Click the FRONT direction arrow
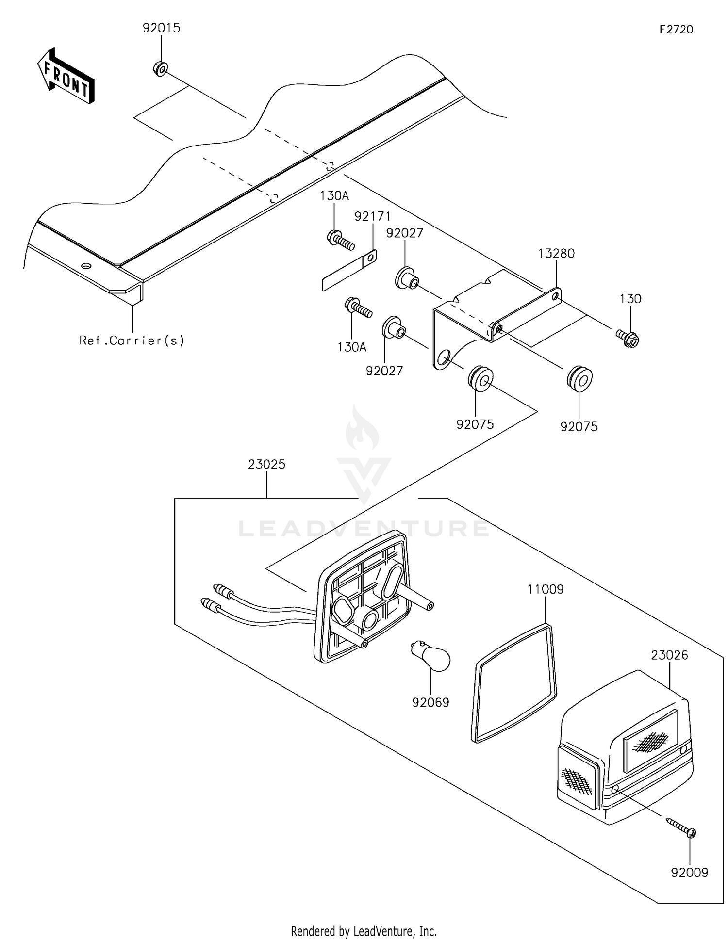coord(66,76)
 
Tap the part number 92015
coord(162,28)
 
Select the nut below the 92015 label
coord(161,69)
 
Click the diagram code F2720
coord(676,30)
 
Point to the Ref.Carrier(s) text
coord(132,340)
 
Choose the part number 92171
coord(372,216)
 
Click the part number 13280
coord(556,253)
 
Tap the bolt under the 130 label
coord(628,339)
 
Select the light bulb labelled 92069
coord(431,657)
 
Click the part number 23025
coord(266,464)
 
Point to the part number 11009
coord(546,589)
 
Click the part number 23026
coord(670,655)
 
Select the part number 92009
coord(690,873)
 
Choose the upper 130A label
coord(334,196)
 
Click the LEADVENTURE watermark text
coord(364,528)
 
